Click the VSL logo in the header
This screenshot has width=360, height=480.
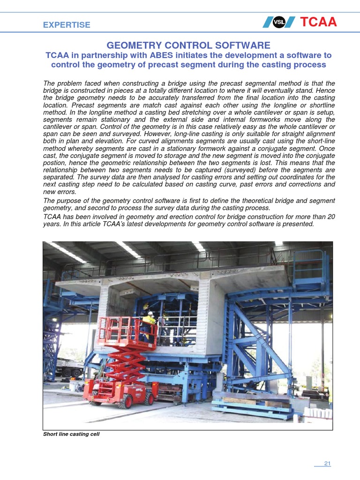tap(279, 22)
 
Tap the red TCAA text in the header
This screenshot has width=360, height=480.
tap(317, 22)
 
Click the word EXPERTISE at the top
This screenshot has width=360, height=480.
tap(67, 25)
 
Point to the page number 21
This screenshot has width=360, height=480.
tap(327, 464)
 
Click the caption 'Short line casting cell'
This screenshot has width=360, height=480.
tap(71, 434)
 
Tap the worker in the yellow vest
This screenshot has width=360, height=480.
tap(149, 323)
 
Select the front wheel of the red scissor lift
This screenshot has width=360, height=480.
tap(149, 398)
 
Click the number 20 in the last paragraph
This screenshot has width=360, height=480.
tap(331, 217)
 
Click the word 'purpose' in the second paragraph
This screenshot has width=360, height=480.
tap(70, 201)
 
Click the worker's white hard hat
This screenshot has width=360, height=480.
tap(150, 313)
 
